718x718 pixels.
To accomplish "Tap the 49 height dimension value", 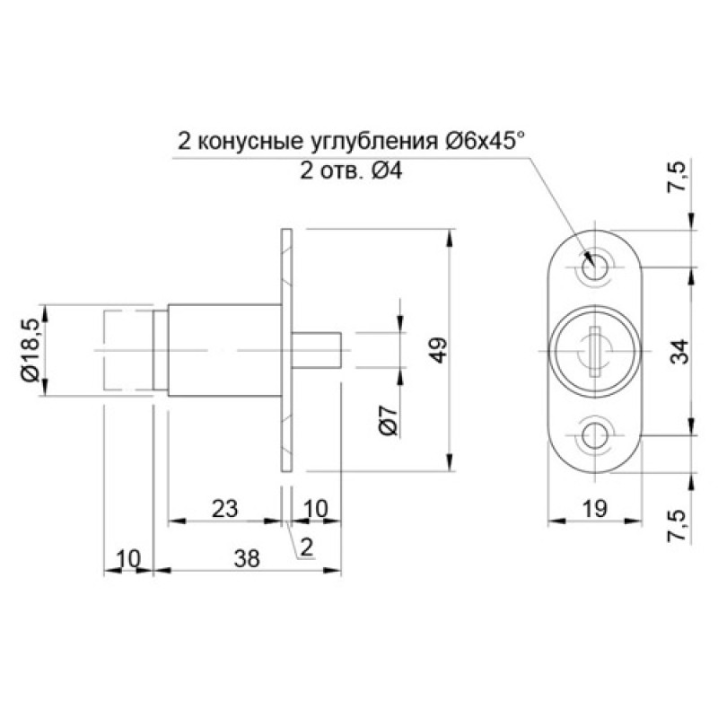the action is coord(439,350).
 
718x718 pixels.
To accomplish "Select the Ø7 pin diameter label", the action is coord(389,420).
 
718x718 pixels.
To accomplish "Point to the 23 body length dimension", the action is coord(225,509).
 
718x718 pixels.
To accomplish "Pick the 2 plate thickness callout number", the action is coord(306,547).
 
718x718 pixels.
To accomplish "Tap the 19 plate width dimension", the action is coord(595,508).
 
